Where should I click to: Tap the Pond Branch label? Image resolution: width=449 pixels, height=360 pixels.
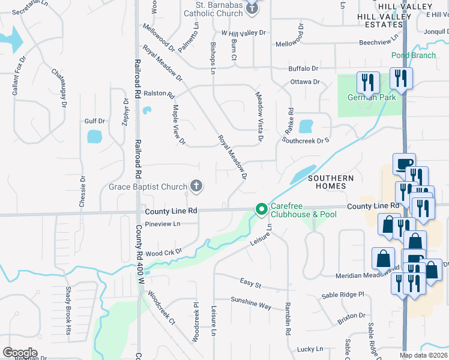pyautogui.click(x=413, y=55)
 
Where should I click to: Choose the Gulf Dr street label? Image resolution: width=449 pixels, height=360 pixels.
pyautogui.click(x=95, y=121)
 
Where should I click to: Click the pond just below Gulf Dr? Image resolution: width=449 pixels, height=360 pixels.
pyautogui.click(x=95, y=136)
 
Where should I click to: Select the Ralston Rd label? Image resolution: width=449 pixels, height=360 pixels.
pyautogui.click(x=159, y=94)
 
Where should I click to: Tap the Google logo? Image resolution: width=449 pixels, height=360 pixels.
pyautogui.click(x=20, y=352)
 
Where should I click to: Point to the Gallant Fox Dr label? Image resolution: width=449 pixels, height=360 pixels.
pyautogui.click(x=19, y=76)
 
